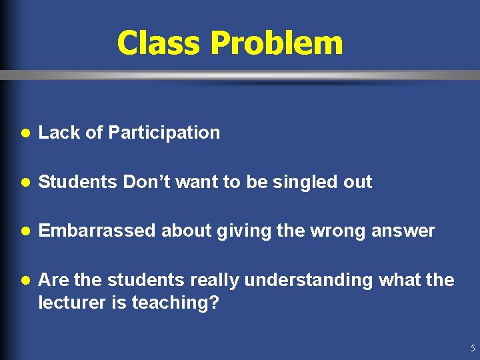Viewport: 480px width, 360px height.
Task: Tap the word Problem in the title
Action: pyautogui.click(x=277, y=43)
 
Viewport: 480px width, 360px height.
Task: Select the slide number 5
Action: pyautogui.click(x=472, y=348)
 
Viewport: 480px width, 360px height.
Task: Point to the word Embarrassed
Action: pyautogui.click(x=97, y=231)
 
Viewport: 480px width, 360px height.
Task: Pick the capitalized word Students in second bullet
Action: pyautogui.click(x=78, y=182)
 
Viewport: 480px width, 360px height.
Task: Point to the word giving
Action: pyautogui.click(x=242, y=231)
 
